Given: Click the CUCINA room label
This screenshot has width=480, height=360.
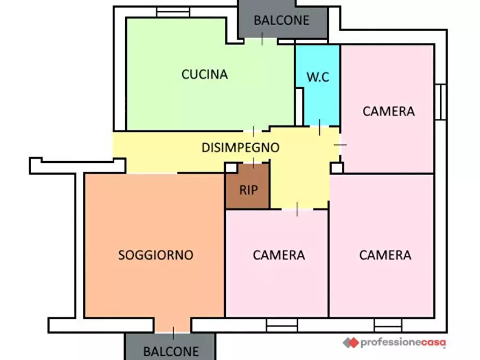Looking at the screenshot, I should pyautogui.click(x=204, y=74).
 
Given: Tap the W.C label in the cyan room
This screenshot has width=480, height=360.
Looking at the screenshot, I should pyautogui.click(x=318, y=77).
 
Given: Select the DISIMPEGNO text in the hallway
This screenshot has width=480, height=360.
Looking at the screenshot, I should pyautogui.click(x=240, y=147).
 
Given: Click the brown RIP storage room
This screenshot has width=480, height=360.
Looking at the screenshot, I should pyautogui.click(x=248, y=190).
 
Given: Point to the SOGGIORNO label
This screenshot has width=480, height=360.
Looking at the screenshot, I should pyautogui.click(x=155, y=255).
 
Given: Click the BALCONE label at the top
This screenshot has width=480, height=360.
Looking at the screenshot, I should pyautogui.click(x=282, y=20).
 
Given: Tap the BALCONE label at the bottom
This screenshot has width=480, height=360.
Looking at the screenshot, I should pyautogui.click(x=170, y=352).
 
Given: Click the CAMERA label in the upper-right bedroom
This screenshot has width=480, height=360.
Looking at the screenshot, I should pyautogui.click(x=388, y=111).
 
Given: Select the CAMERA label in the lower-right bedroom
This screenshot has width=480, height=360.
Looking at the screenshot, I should pyautogui.click(x=385, y=255).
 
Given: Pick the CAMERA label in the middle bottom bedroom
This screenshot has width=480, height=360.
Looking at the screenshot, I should pyautogui.click(x=278, y=255).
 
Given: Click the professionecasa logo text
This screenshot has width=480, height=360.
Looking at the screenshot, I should pyautogui.click(x=403, y=342).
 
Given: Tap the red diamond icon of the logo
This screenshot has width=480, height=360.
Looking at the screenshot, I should pyautogui.click(x=350, y=342).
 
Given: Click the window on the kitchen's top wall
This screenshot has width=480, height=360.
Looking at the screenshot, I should pyautogui.click(x=173, y=12).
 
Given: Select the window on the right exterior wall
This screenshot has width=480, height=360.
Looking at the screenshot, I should pyautogui.click(x=440, y=102).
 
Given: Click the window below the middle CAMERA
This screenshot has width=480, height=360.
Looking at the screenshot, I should pyautogui.click(x=282, y=324).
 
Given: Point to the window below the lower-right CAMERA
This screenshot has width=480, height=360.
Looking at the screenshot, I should pyautogui.click(x=388, y=324).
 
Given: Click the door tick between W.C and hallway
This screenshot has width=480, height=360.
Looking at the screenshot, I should pyautogui.click(x=320, y=127).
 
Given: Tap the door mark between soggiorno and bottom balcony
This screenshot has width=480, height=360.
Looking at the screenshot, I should pyautogui.click(x=173, y=333).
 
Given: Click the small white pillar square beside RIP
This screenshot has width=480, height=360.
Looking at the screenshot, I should pyautogui.click(x=231, y=168).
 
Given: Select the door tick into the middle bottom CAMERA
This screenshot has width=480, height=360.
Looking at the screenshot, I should pyautogui.click(x=297, y=210).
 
